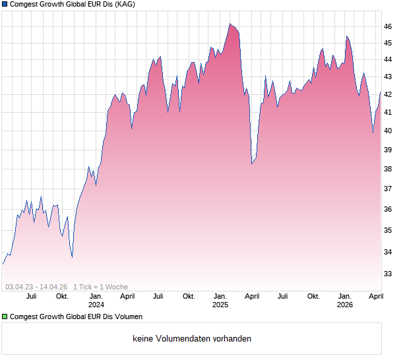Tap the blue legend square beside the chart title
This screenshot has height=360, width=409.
pos(5,5)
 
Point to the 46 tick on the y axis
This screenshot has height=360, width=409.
pos(388,26)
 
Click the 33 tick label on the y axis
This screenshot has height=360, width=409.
pos(388,274)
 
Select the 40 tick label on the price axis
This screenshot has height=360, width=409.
pos(388,131)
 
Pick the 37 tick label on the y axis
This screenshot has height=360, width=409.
pos(388,189)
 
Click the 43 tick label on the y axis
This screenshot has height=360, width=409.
pos(388,76)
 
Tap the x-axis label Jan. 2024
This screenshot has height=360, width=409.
pos(96,300)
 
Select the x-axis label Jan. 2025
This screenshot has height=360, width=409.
pos(220,300)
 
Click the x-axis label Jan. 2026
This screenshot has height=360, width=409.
pos(344,300)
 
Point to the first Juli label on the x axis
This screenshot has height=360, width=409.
pos(31,296)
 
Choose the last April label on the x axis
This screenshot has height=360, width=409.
pos(375,296)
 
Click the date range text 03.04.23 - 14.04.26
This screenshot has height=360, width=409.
pos(36,287)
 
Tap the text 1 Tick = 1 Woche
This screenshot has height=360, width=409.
pos(101,287)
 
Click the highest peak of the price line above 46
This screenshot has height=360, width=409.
pos(230,24)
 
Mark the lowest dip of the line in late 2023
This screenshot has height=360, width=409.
pos(72,256)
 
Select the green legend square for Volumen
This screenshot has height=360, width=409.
pos(5,317)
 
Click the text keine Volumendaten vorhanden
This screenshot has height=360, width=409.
pos(192,339)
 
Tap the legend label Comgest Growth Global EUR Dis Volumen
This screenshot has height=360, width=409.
pos(77,317)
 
